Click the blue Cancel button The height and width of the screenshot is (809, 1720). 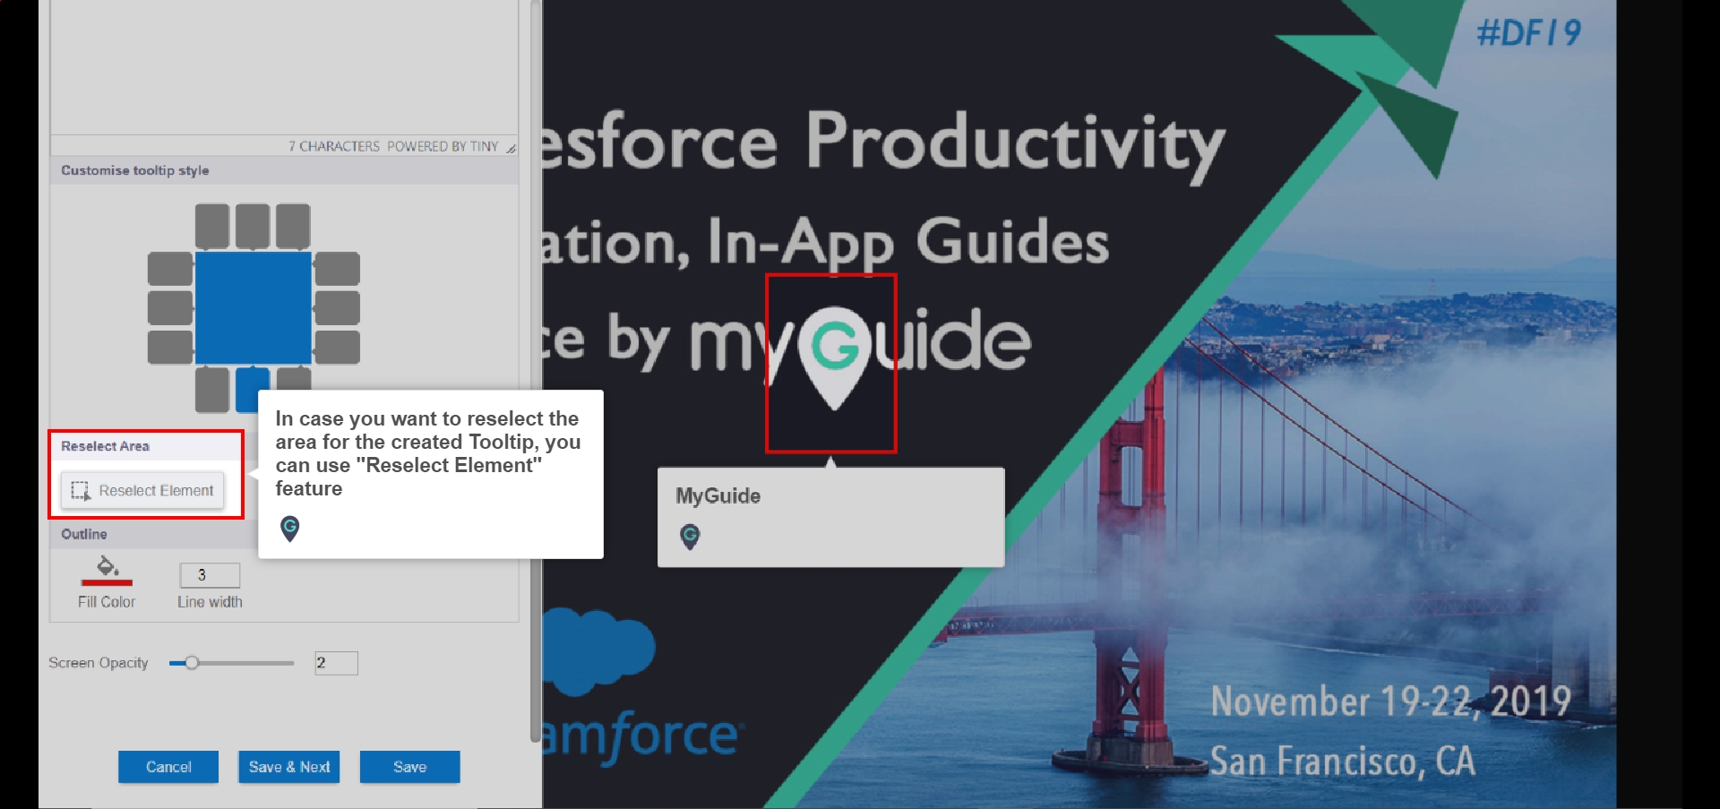[168, 767]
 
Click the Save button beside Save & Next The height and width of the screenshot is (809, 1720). [409, 767]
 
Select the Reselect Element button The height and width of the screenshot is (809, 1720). [142, 491]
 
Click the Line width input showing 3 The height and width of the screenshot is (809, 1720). [210, 575]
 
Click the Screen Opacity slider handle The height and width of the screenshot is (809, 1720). [192, 663]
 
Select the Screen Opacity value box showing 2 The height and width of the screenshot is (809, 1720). [336, 663]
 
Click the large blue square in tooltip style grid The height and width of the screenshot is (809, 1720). [254, 307]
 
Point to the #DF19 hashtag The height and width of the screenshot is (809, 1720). [1528, 34]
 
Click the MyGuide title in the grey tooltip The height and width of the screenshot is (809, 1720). [718, 495]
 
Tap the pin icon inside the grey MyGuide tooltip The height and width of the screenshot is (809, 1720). [690, 537]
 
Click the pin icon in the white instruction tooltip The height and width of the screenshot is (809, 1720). [289, 529]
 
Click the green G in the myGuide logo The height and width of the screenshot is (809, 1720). [835, 347]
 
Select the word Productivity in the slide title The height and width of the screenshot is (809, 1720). [1015, 143]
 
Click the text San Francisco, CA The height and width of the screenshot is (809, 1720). [1343, 762]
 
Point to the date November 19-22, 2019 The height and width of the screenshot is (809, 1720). [1390, 701]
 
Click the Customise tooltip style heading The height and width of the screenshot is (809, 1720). [135, 170]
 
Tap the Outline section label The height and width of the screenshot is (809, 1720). [84, 534]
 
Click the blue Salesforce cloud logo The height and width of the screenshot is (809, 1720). [598, 650]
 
